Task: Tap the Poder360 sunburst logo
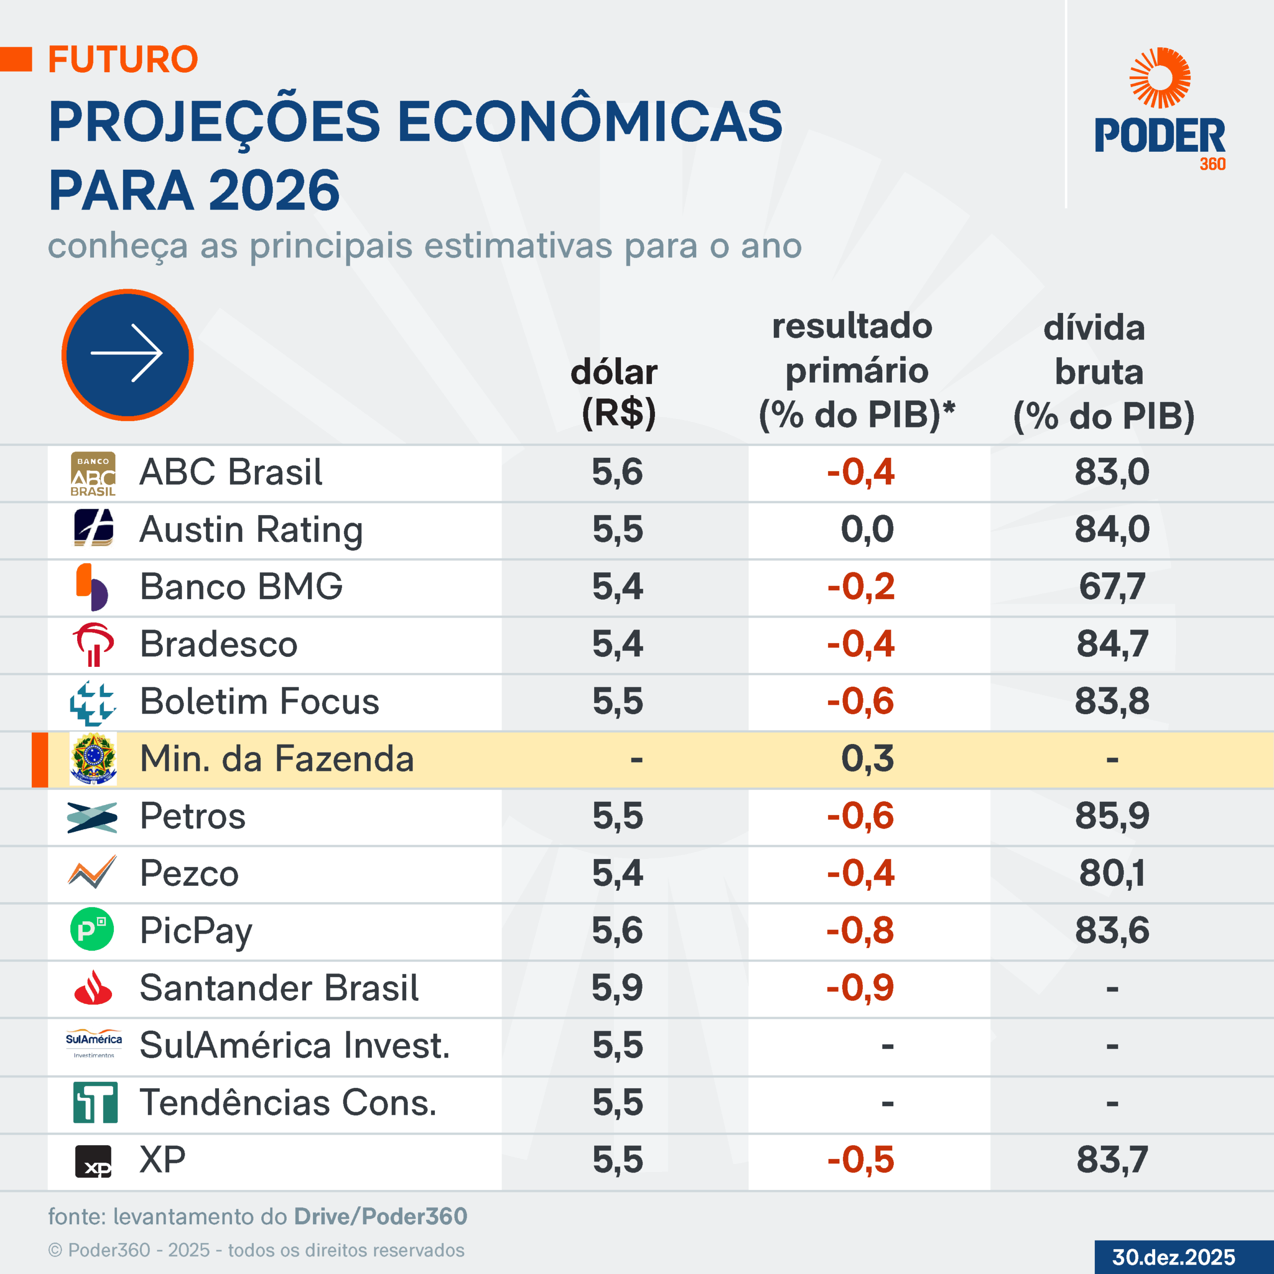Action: [x=1160, y=78]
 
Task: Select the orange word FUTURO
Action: [x=123, y=59]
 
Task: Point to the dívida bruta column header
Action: [x=1102, y=372]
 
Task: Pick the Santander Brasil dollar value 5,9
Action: [x=617, y=988]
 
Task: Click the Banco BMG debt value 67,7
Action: [x=1112, y=586]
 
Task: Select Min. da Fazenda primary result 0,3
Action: [x=867, y=758]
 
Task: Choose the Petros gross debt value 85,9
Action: [x=1112, y=816]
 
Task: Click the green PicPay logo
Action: [x=93, y=930]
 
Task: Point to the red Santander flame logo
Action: [x=93, y=987]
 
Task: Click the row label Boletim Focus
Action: [x=260, y=701]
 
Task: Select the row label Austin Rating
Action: [x=251, y=530]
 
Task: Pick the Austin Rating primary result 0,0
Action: [x=867, y=529]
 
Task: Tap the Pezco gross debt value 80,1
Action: [x=1112, y=873]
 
